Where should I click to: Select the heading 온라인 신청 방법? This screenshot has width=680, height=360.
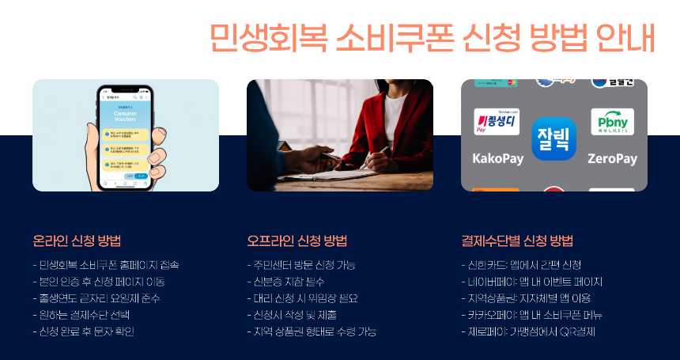pos(77,241)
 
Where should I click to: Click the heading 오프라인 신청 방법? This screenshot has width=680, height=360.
pos(297,241)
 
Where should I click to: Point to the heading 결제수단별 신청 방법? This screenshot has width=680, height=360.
pos(517,241)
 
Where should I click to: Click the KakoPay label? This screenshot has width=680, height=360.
pos(498,158)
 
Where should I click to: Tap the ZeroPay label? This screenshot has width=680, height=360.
pos(612,158)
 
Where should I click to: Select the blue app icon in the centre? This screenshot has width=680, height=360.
pos(554,138)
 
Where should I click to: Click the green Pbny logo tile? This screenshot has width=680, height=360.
pos(612,122)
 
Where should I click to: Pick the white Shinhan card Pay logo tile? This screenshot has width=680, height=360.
pos(497,122)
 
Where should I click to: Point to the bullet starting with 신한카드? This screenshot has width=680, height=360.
pos(521,264)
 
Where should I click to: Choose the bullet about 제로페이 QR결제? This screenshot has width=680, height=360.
pos(527,332)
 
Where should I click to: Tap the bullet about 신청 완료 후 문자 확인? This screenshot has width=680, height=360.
pos(84,332)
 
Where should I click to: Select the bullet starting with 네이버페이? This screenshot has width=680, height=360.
pos(531,281)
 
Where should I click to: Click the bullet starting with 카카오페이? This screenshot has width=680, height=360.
pos(531,315)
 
